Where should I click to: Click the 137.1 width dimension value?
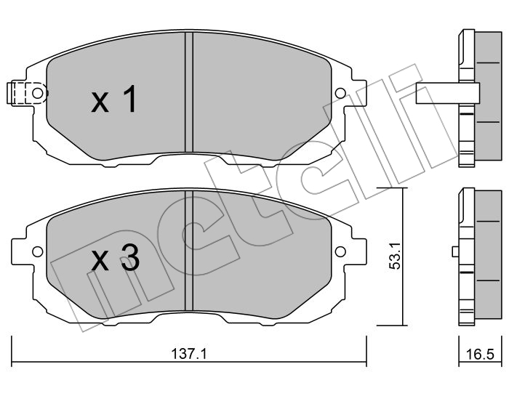189,354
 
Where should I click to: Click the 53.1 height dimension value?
396,256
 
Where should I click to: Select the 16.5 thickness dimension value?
479,354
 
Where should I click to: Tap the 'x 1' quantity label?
113,99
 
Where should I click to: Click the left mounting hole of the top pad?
37,94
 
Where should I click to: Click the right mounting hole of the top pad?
340,94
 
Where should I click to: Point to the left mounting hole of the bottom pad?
37,251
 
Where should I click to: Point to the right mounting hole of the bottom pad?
340,251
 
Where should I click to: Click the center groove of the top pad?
189,92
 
